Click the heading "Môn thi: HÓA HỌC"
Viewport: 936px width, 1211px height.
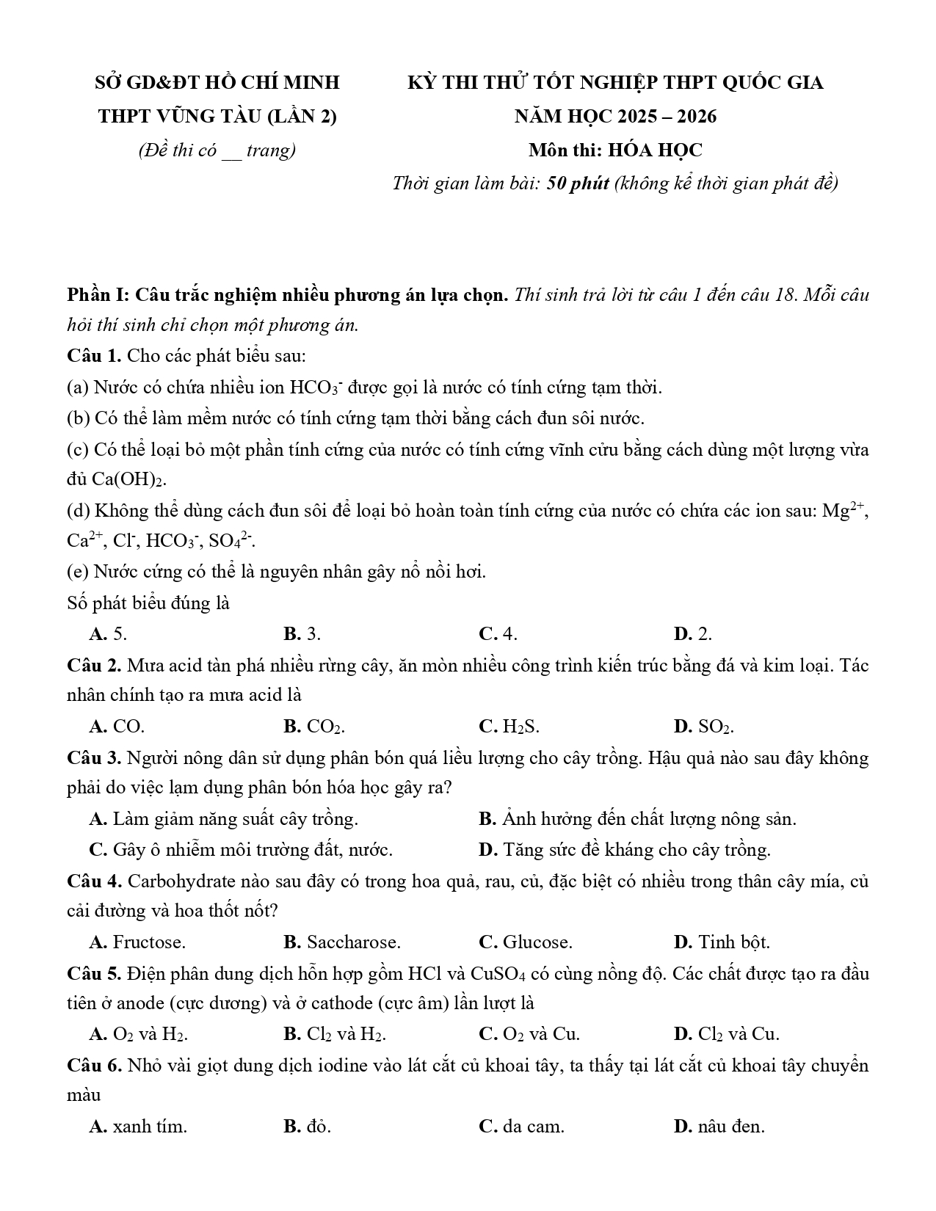point(614,150)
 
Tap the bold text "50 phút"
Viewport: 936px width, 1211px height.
point(578,183)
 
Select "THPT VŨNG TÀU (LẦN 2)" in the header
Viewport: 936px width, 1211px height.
point(217,116)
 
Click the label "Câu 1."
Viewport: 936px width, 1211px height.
point(94,356)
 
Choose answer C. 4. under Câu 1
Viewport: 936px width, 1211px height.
point(498,634)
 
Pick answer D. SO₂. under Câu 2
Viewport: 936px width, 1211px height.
point(703,727)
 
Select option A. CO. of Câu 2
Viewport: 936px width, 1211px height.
point(117,727)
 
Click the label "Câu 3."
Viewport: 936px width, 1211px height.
point(94,757)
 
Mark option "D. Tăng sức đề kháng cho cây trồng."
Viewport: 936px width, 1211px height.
point(624,850)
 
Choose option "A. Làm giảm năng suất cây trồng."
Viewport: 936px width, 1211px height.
point(223,819)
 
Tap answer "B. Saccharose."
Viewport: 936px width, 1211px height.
point(341,942)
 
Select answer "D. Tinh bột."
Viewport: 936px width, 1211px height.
point(721,942)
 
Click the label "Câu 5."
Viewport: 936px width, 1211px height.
point(94,974)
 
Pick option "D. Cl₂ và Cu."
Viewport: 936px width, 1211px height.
point(726,1035)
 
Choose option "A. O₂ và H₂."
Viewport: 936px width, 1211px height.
point(138,1035)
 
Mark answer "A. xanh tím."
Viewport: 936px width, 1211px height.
point(138,1127)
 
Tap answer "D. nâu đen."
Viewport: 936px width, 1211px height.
point(719,1127)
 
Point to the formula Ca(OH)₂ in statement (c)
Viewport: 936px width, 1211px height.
point(129,480)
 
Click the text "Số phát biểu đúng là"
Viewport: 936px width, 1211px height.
point(148,603)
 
